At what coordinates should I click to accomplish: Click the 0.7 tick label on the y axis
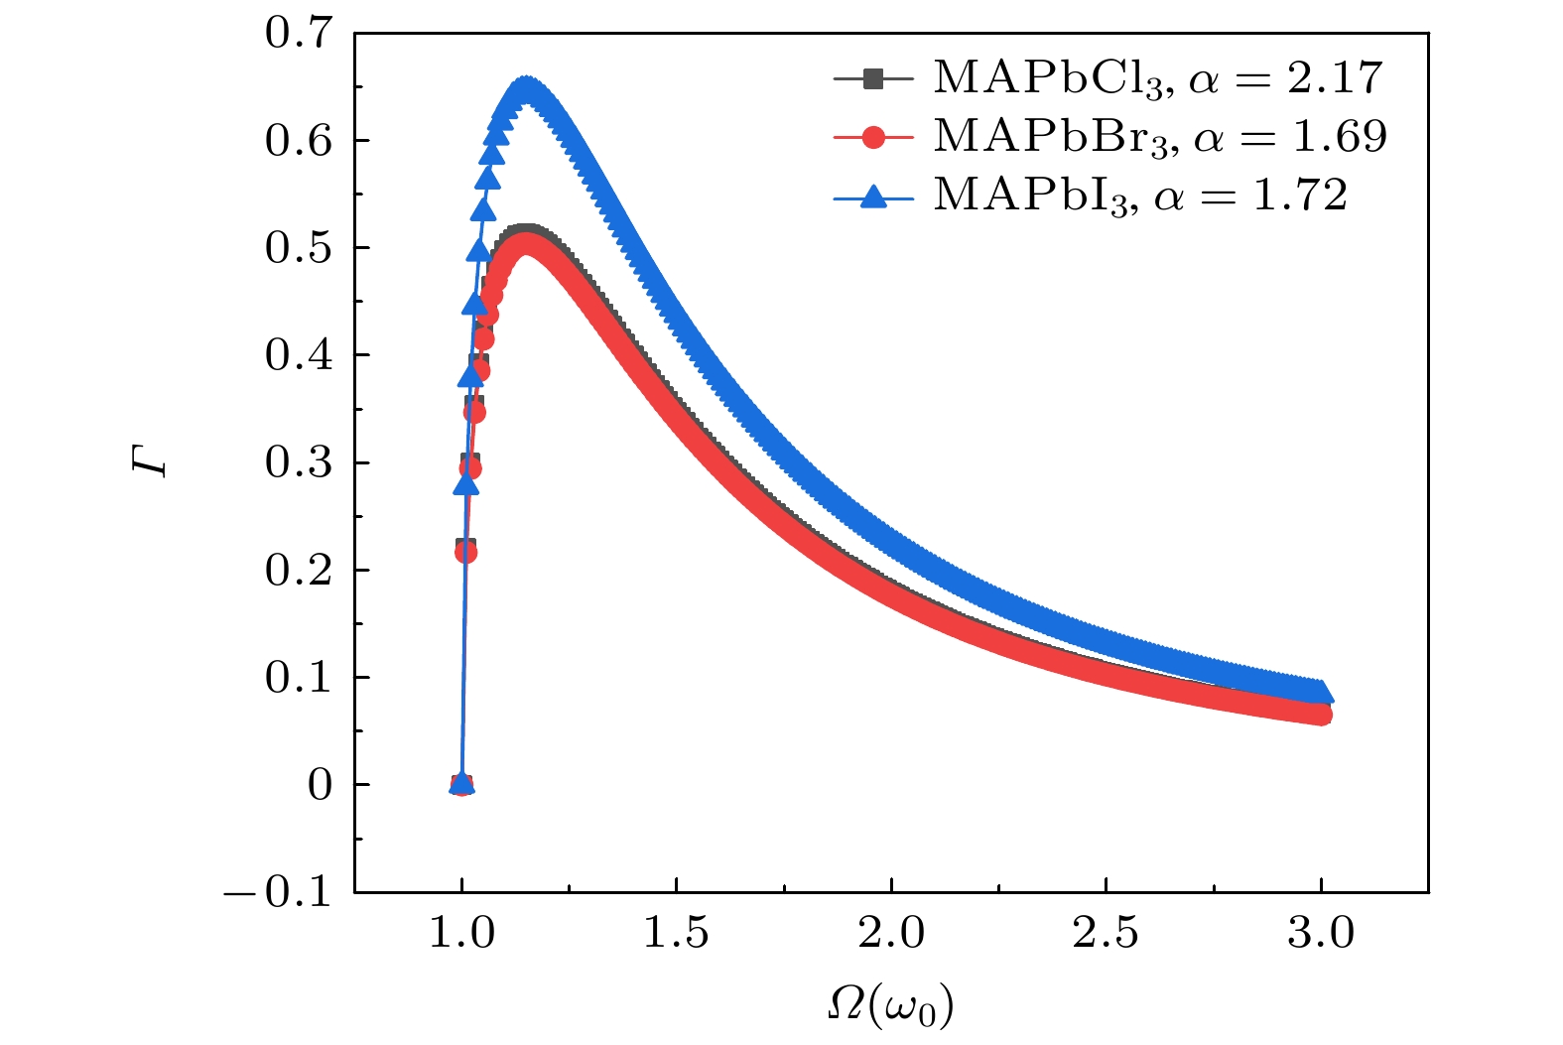coord(298,34)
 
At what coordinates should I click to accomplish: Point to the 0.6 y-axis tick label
coord(298,141)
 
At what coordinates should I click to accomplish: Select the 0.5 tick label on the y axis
coord(298,248)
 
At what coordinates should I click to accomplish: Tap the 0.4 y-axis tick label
coord(298,355)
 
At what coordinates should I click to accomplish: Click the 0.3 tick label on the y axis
coord(298,463)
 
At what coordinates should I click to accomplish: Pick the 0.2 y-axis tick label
coord(298,571)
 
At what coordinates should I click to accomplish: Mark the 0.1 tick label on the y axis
coord(298,678)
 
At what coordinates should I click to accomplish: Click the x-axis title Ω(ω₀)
coord(890,1006)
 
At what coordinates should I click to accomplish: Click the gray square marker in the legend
coord(873,78)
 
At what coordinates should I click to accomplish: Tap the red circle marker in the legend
coord(873,137)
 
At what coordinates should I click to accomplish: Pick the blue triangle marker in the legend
coord(873,196)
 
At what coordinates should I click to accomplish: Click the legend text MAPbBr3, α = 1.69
coord(1159,137)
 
